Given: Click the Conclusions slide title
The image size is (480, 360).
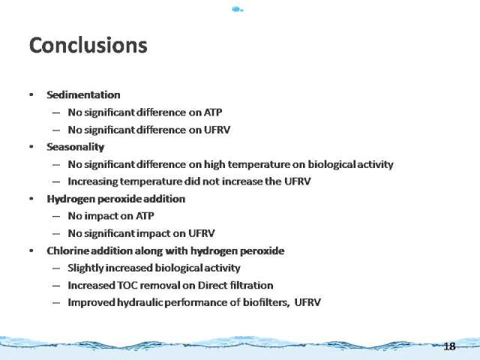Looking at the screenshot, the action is click(x=88, y=45).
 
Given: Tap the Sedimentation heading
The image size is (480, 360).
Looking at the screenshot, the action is click(x=83, y=95).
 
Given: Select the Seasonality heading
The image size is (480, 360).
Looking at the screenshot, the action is click(x=75, y=147).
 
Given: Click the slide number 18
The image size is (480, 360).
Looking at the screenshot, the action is click(x=449, y=346).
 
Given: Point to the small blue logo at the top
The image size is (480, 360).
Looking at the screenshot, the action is click(x=238, y=9).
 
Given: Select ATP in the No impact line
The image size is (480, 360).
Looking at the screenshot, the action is click(x=145, y=216).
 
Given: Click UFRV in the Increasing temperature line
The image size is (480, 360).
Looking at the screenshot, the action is click(x=298, y=181).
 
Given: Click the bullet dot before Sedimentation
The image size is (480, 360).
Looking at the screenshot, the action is click(x=31, y=94).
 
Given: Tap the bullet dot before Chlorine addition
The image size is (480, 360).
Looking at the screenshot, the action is click(x=31, y=250).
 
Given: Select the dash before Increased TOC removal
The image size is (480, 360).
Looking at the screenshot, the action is click(x=56, y=286).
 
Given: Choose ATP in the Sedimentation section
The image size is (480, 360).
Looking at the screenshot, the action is click(x=213, y=112).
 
